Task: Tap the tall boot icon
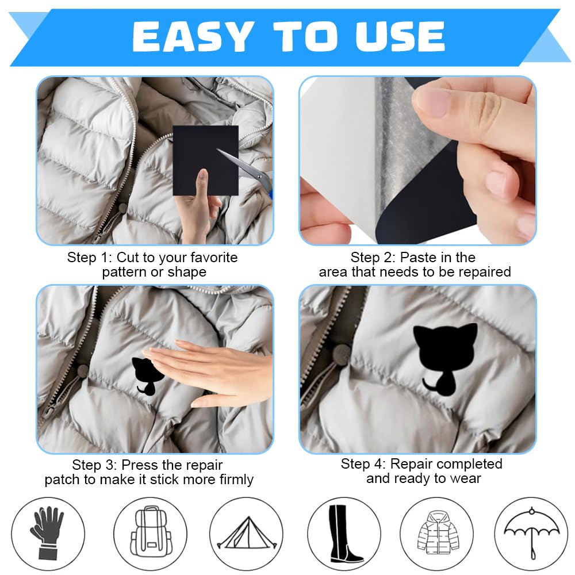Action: coord(343,534)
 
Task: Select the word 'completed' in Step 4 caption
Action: coord(463,463)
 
